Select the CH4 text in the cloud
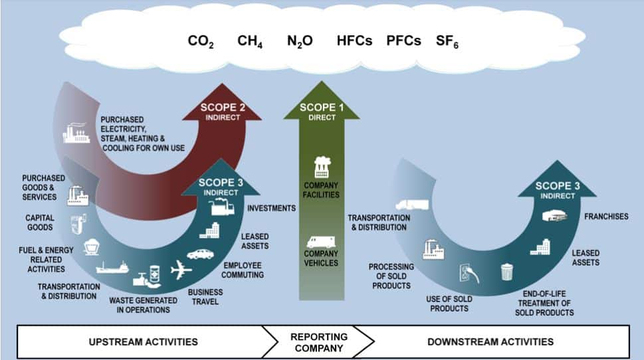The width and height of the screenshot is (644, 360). click(x=250, y=41)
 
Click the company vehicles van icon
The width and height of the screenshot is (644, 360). click(x=322, y=242)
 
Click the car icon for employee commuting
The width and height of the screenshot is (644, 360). click(x=201, y=253)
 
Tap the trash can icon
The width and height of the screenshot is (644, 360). click(x=507, y=272)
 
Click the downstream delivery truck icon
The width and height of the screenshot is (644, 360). click(x=408, y=204)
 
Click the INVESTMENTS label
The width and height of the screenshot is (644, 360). click(x=271, y=208)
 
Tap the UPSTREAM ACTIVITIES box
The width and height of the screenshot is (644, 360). click(x=143, y=342)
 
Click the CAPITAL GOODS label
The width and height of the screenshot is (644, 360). click(x=40, y=222)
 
